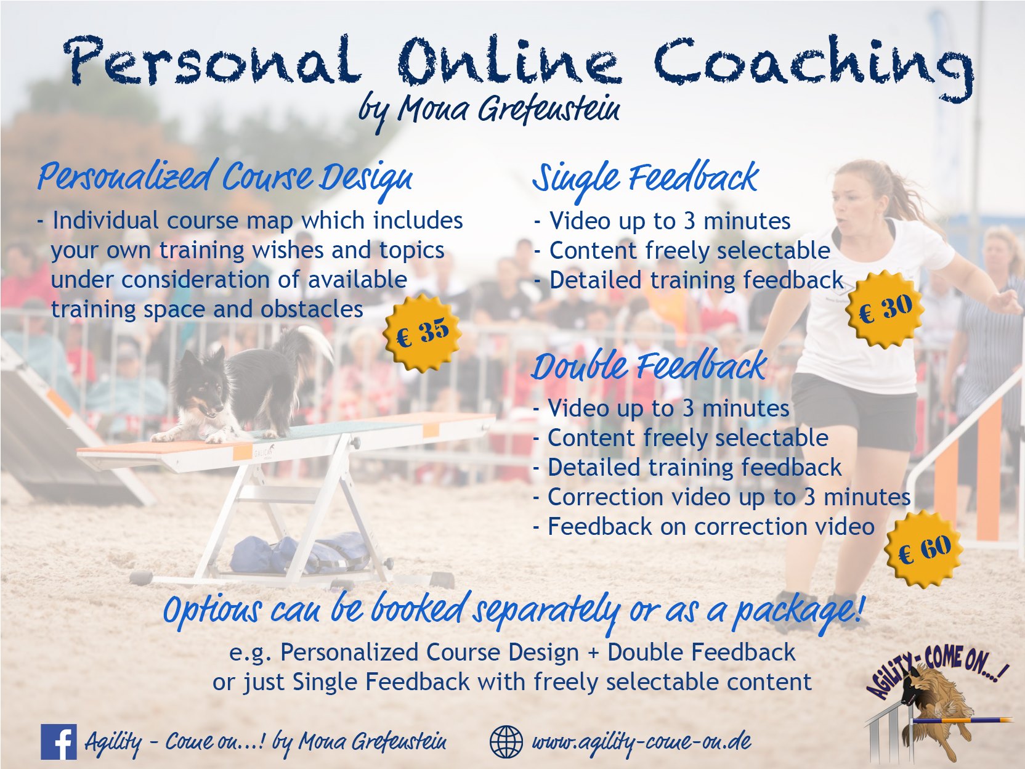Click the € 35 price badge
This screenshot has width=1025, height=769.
(422, 333)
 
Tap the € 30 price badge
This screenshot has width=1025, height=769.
(885, 309)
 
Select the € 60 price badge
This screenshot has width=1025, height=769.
(924, 548)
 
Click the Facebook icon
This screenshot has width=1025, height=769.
(59, 741)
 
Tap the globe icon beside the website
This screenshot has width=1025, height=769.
(506, 742)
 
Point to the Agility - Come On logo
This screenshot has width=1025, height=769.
(937, 708)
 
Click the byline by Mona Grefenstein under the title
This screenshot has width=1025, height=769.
(489, 111)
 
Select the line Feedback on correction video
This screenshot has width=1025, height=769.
(703, 527)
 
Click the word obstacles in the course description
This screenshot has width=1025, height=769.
(312, 309)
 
